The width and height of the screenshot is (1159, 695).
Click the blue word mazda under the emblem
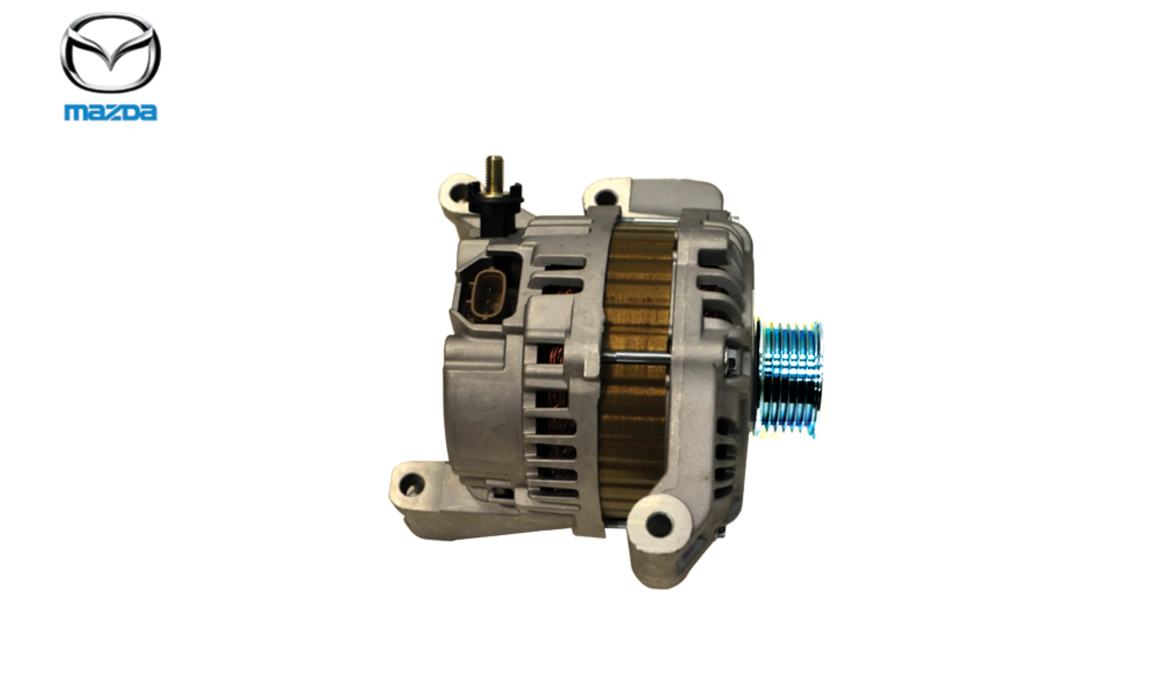(110, 113)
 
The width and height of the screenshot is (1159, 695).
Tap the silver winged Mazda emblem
(110, 53)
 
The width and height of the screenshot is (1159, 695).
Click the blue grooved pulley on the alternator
(790, 379)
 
